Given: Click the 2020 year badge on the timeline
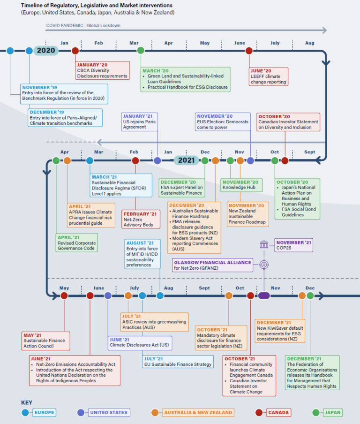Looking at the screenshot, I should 46,51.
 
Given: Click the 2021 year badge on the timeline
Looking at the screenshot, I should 187,160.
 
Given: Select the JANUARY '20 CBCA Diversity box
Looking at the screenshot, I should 102,70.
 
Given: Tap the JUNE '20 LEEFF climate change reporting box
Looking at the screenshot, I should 269,76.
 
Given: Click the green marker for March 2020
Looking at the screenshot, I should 141,51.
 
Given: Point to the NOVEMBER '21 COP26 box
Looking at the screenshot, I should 293,245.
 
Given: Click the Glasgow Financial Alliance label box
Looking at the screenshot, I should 213,265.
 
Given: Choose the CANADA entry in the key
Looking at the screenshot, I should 278,412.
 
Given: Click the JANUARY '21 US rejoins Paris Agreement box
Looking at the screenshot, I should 139,121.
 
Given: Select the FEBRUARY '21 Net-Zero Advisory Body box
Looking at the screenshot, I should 139,219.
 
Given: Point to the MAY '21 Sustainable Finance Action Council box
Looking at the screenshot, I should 46,341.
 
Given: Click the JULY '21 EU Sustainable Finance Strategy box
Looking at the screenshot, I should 178,361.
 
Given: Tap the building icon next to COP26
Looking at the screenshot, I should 264,244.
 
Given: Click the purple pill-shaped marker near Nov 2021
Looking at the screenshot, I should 264,295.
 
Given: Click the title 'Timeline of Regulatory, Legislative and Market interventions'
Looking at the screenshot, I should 97,5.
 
